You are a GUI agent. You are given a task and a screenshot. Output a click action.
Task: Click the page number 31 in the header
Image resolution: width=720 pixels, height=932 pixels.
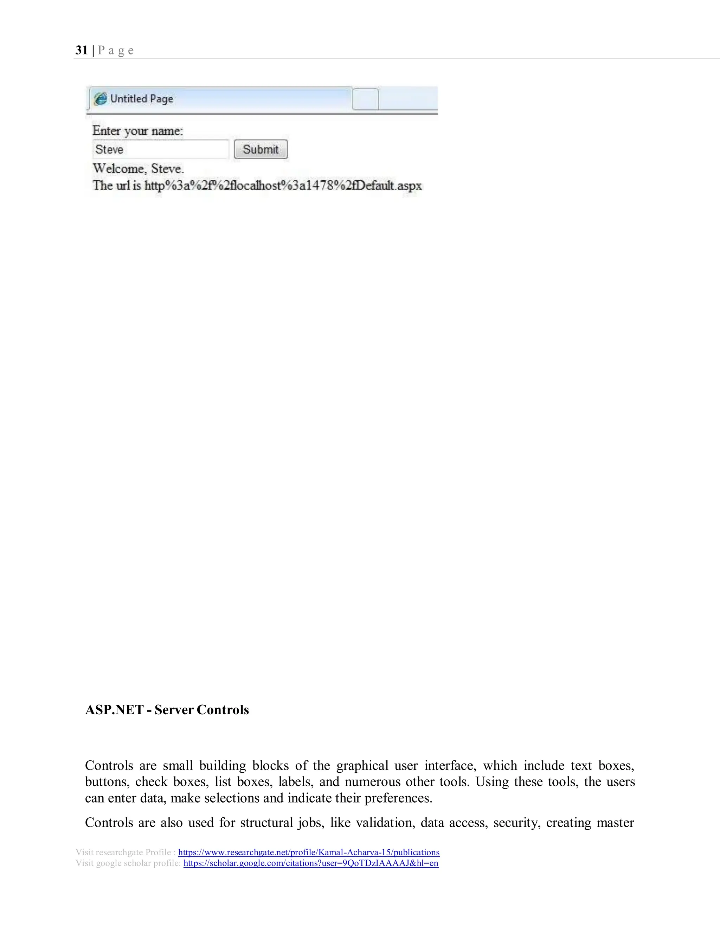tap(82, 50)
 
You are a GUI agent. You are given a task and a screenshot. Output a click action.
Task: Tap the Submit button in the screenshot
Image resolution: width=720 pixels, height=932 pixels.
tap(261, 149)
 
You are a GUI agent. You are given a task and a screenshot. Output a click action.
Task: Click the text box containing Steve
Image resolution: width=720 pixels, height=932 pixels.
tap(160, 149)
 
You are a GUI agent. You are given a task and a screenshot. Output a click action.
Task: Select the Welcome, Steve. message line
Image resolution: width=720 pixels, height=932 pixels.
tap(138, 168)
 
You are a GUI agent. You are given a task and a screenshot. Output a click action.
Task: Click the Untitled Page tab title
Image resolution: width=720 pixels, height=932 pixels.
tap(142, 98)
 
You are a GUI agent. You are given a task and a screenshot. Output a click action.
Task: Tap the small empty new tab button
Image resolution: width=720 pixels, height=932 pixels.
tap(365, 99)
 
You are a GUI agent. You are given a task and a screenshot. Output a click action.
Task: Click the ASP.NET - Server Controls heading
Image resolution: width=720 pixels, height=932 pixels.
tap(167, 710)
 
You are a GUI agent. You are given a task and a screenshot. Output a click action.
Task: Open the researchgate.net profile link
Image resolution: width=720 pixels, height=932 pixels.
tap(308, 852)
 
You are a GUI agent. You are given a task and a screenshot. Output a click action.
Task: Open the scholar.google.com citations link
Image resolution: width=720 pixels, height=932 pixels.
tap(310, 863)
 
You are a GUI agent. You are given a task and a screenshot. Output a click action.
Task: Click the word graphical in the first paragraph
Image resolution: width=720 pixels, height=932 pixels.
tap(362, 766)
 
